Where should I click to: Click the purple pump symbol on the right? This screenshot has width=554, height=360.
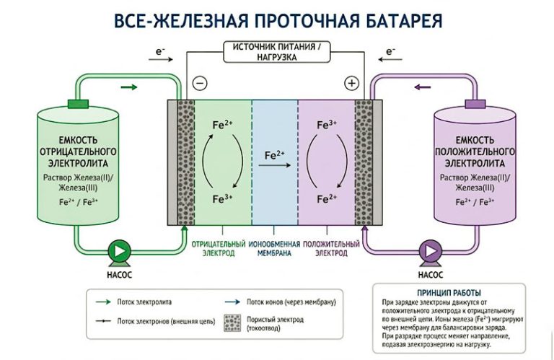click(x=431, y=250)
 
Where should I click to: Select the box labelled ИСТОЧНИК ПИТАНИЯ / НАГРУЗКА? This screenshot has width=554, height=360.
click(x=276, y=51)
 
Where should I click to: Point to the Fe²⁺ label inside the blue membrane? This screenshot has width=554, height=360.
click(x=275, y=155)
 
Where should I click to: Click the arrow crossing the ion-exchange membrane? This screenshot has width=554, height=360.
click(x=275, y=165)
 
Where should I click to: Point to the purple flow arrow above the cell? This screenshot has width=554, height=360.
click(x=423, y=88)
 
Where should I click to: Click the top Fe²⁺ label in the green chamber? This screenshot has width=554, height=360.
click(x=222, y=125)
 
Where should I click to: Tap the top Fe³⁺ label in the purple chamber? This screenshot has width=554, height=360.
click(x=328, y=125)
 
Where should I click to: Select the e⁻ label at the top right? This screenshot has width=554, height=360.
click(x=391, y=51)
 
